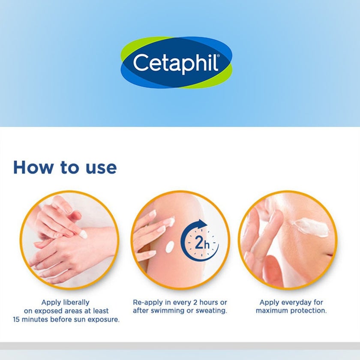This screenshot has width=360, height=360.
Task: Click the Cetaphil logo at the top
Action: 176,63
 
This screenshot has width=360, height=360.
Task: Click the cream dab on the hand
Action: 84,234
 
